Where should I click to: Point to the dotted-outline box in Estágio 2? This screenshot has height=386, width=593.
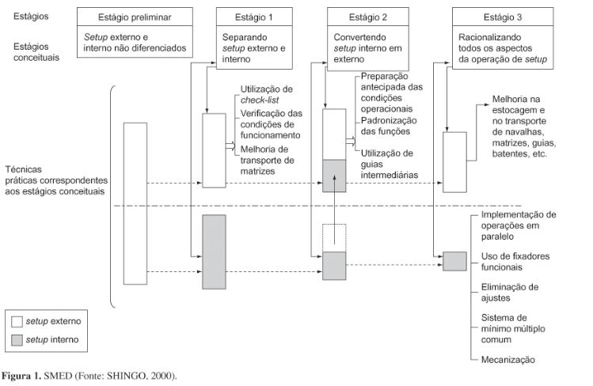[335, 237]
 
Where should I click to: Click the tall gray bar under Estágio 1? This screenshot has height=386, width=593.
[215, 252]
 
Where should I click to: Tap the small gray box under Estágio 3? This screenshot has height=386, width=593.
[454, 261]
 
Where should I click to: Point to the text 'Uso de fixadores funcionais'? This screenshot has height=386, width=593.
[515, 261]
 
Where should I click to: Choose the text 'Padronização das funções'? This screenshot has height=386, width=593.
[389, 127]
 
